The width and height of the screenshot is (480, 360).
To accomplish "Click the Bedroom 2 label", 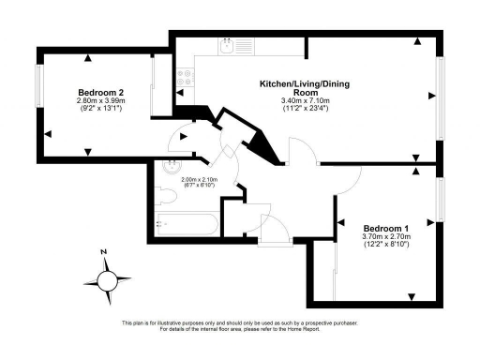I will pos(101,92).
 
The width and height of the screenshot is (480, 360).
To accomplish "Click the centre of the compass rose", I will pos(109,279).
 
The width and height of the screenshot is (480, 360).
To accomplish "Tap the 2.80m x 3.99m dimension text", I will pos(101,101).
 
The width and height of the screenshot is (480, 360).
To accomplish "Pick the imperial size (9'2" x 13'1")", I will pos(101,110).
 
